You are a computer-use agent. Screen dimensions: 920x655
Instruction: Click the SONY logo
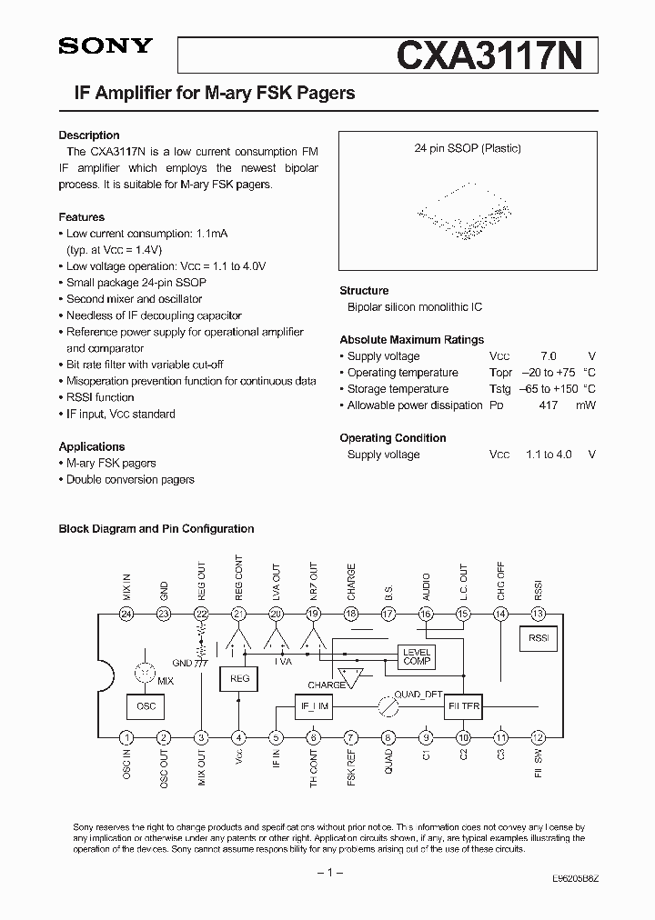(106, 47)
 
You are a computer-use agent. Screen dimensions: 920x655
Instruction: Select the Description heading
(89, 135)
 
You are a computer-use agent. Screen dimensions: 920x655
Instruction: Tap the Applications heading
(92, 446)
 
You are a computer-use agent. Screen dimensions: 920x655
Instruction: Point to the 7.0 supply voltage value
(548, 356)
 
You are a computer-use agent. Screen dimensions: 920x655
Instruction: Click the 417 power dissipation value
(548, 405)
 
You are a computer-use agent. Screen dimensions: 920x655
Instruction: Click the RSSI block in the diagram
(538, 638)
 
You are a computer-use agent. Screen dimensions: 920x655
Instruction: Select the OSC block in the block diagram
(146, 705)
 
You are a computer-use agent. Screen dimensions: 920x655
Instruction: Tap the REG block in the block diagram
(239, 678)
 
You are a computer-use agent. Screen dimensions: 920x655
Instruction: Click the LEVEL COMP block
(417, 656)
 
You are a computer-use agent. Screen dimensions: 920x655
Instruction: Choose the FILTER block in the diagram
(464, 705)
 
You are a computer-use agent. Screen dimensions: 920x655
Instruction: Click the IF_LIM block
(314, 705)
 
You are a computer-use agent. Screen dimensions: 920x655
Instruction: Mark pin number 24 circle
(126, 614)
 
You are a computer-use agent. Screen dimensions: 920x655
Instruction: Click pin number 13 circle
(538, 614)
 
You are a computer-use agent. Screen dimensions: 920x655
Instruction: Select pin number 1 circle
(126, 737)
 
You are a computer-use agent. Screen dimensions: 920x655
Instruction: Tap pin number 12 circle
(538, 737)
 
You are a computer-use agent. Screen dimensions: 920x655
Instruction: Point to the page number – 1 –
(327, 873)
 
